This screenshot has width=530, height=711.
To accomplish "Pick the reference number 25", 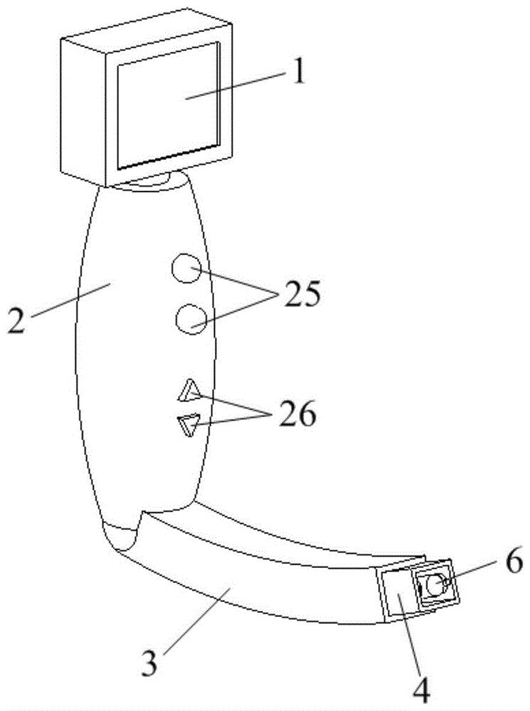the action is coord(301,293).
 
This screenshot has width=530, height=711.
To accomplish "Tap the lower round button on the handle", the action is coord(191,318).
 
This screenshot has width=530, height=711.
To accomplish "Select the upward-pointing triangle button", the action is coord(190,390).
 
